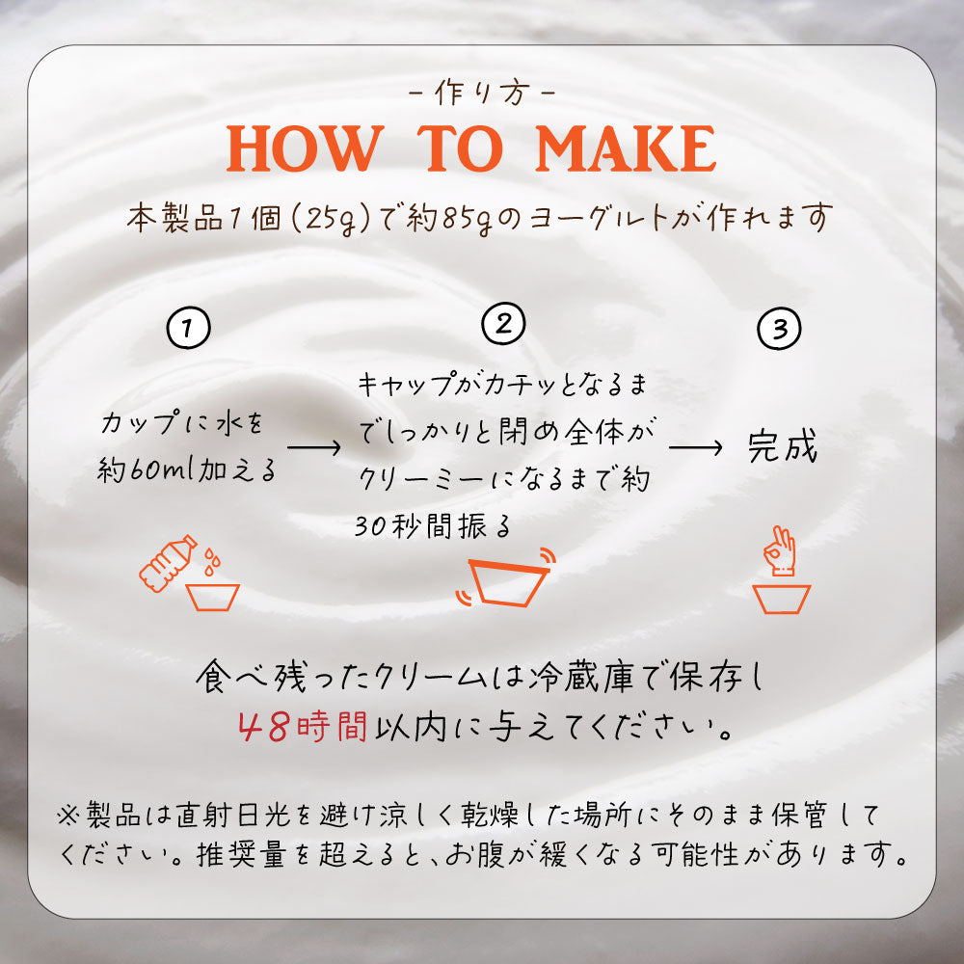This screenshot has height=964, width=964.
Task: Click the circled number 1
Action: click(188, 328)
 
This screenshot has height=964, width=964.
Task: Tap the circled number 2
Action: click(503, 323)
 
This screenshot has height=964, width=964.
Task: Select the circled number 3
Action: click(779, 329)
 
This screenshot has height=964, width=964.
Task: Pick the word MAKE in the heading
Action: click(626, 148)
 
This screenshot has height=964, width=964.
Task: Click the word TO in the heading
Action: click(460, 148)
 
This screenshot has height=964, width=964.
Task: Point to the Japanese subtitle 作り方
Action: click(482, 94)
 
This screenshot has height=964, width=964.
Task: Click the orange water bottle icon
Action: click(167, 563)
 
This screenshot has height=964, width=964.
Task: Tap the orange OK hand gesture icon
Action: click(780, 550)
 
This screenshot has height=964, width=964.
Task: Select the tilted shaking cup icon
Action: click(507, 577)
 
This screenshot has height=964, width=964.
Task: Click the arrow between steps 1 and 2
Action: click(313, 447)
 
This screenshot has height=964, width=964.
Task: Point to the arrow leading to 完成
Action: click(695, 447)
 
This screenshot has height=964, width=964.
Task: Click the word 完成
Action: click(782, 446)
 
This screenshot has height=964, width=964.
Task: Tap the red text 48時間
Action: click(303, 727)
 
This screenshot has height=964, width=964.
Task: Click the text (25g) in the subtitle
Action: click(330, 218)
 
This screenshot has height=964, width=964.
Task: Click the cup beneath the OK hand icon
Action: click(782, 599)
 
